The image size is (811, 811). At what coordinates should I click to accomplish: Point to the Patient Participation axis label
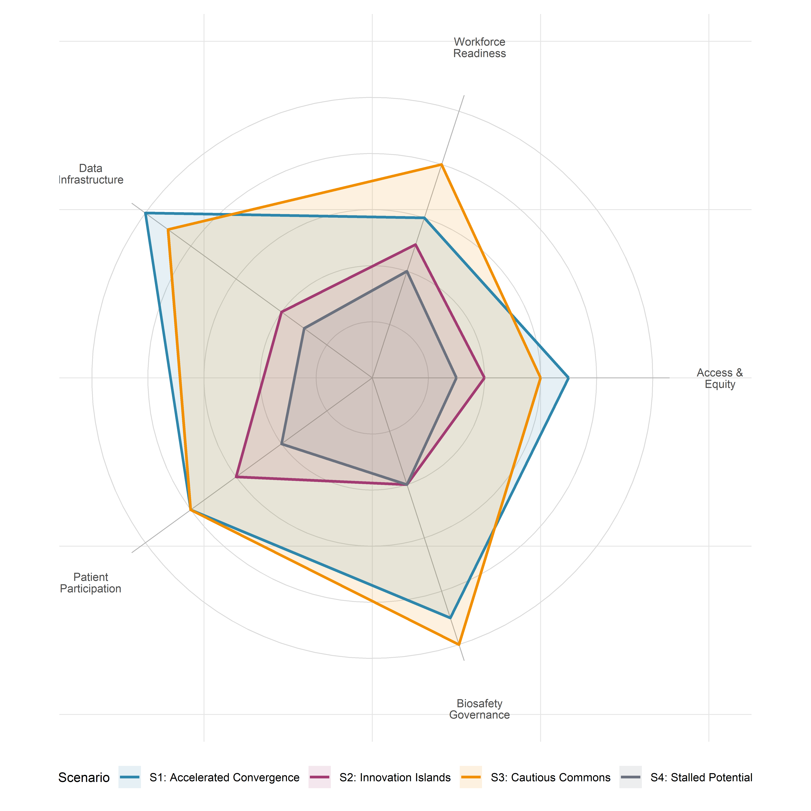coord(91,583)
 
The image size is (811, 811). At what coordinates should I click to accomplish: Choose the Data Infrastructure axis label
coord(91,174)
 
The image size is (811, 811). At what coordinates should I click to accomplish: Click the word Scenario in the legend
coord(84,778)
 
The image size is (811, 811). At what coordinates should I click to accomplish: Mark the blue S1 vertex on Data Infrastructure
coord(145,213)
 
